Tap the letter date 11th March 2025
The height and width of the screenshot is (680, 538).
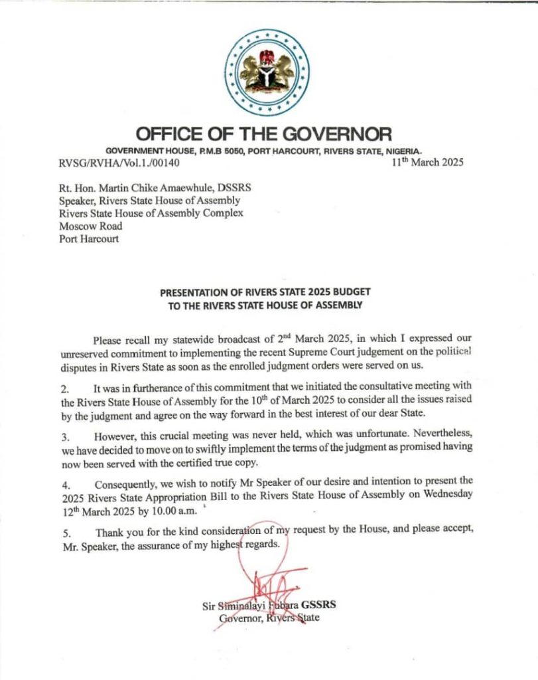[x=428, y=161]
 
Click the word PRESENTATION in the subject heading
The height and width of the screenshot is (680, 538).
[x=192, y=292]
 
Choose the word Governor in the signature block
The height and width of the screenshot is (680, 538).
[x=239, y=618]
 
